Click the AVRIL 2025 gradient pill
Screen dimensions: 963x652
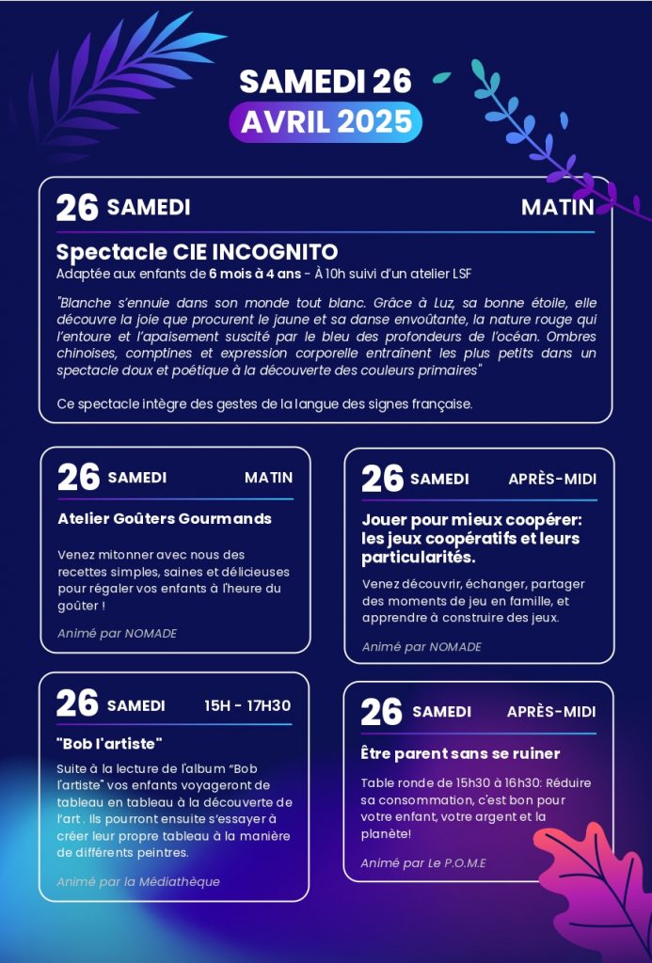tap(326, 121)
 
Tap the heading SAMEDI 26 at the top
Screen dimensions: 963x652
tap(326, 82)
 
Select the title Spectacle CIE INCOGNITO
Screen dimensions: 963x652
tap(197, 252)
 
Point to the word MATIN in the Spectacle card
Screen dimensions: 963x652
tap(557, 207)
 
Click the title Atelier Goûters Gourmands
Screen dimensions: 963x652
tap(165, 518)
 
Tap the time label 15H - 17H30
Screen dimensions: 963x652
tap(247, 705)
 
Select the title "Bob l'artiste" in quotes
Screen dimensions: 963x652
tap(109, 743)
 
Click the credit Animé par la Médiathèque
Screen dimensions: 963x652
tap(138, 881)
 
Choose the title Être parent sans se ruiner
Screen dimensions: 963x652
tap(460, 753)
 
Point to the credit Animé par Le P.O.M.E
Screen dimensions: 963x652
tap(423, 863)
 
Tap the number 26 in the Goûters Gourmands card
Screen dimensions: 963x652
tap(78, 478)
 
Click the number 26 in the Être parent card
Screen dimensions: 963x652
tap(382, 712)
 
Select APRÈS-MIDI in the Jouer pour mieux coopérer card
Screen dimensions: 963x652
tap(552, 479)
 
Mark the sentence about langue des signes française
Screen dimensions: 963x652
tap(263, 404)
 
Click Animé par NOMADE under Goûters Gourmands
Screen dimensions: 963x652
tap(117, 633)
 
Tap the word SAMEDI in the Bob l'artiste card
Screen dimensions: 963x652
tap(135, 705)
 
